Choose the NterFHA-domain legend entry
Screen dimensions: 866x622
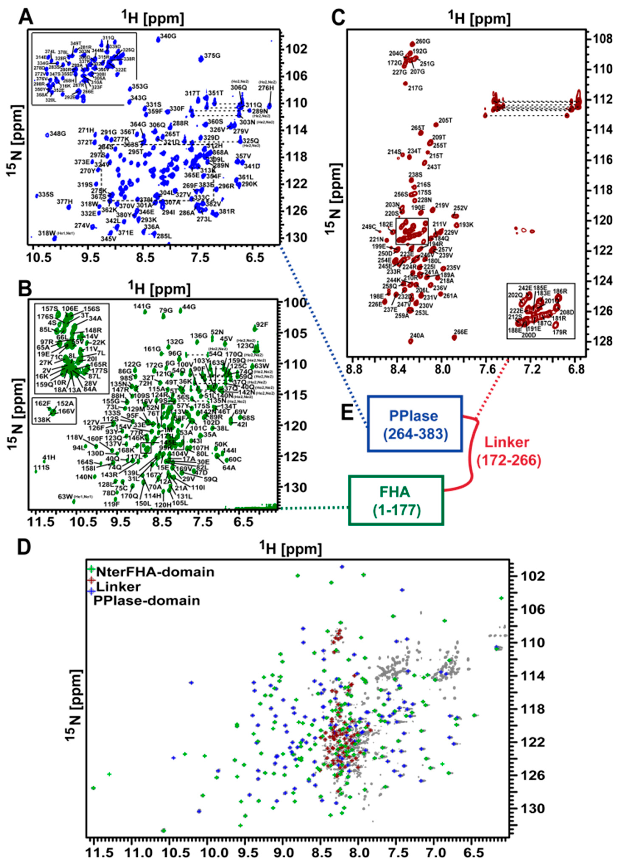coord(155,572)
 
